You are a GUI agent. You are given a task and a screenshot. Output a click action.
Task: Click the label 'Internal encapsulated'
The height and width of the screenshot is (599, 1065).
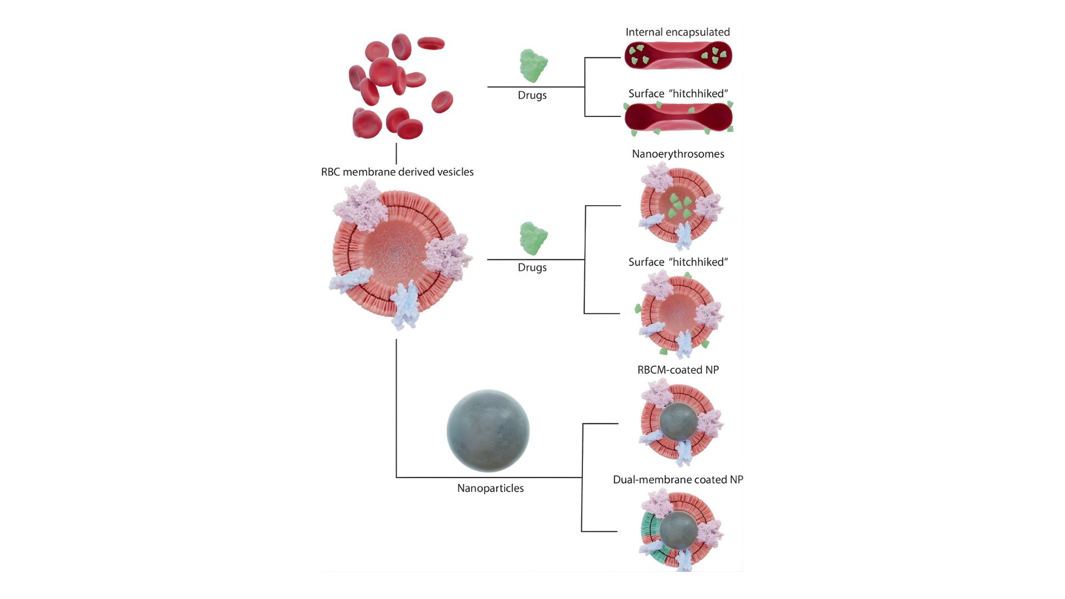677,32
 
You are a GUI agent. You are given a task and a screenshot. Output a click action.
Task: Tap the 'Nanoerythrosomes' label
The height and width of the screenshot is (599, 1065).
678,154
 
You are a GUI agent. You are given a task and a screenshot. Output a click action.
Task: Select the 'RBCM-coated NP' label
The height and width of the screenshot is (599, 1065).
678,370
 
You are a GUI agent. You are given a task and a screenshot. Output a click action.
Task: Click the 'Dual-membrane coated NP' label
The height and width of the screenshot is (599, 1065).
678,480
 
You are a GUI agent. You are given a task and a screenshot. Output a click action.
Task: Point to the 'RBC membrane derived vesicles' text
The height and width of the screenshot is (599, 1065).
397,172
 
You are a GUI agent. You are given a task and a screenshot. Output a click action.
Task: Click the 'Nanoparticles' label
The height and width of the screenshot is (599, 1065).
490,489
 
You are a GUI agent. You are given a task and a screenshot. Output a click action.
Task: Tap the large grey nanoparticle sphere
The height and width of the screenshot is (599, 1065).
488,431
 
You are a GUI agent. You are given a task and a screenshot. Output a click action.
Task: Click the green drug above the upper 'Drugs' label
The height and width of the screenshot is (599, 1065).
533,65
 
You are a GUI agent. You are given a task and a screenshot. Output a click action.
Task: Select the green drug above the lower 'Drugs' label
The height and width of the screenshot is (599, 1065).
533,238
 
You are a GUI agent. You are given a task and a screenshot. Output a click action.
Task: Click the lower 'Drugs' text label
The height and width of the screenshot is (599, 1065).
532,267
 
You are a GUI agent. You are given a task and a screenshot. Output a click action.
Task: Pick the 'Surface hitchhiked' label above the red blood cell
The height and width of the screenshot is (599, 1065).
678,94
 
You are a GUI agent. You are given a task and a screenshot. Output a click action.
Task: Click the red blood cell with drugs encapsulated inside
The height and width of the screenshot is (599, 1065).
678,56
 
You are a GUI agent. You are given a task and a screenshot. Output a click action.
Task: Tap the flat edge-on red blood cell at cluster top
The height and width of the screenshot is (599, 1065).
431,43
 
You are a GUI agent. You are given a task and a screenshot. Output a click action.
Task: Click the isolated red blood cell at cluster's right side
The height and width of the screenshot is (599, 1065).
442,102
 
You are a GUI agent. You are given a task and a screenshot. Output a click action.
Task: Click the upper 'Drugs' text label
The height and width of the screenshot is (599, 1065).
532,95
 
